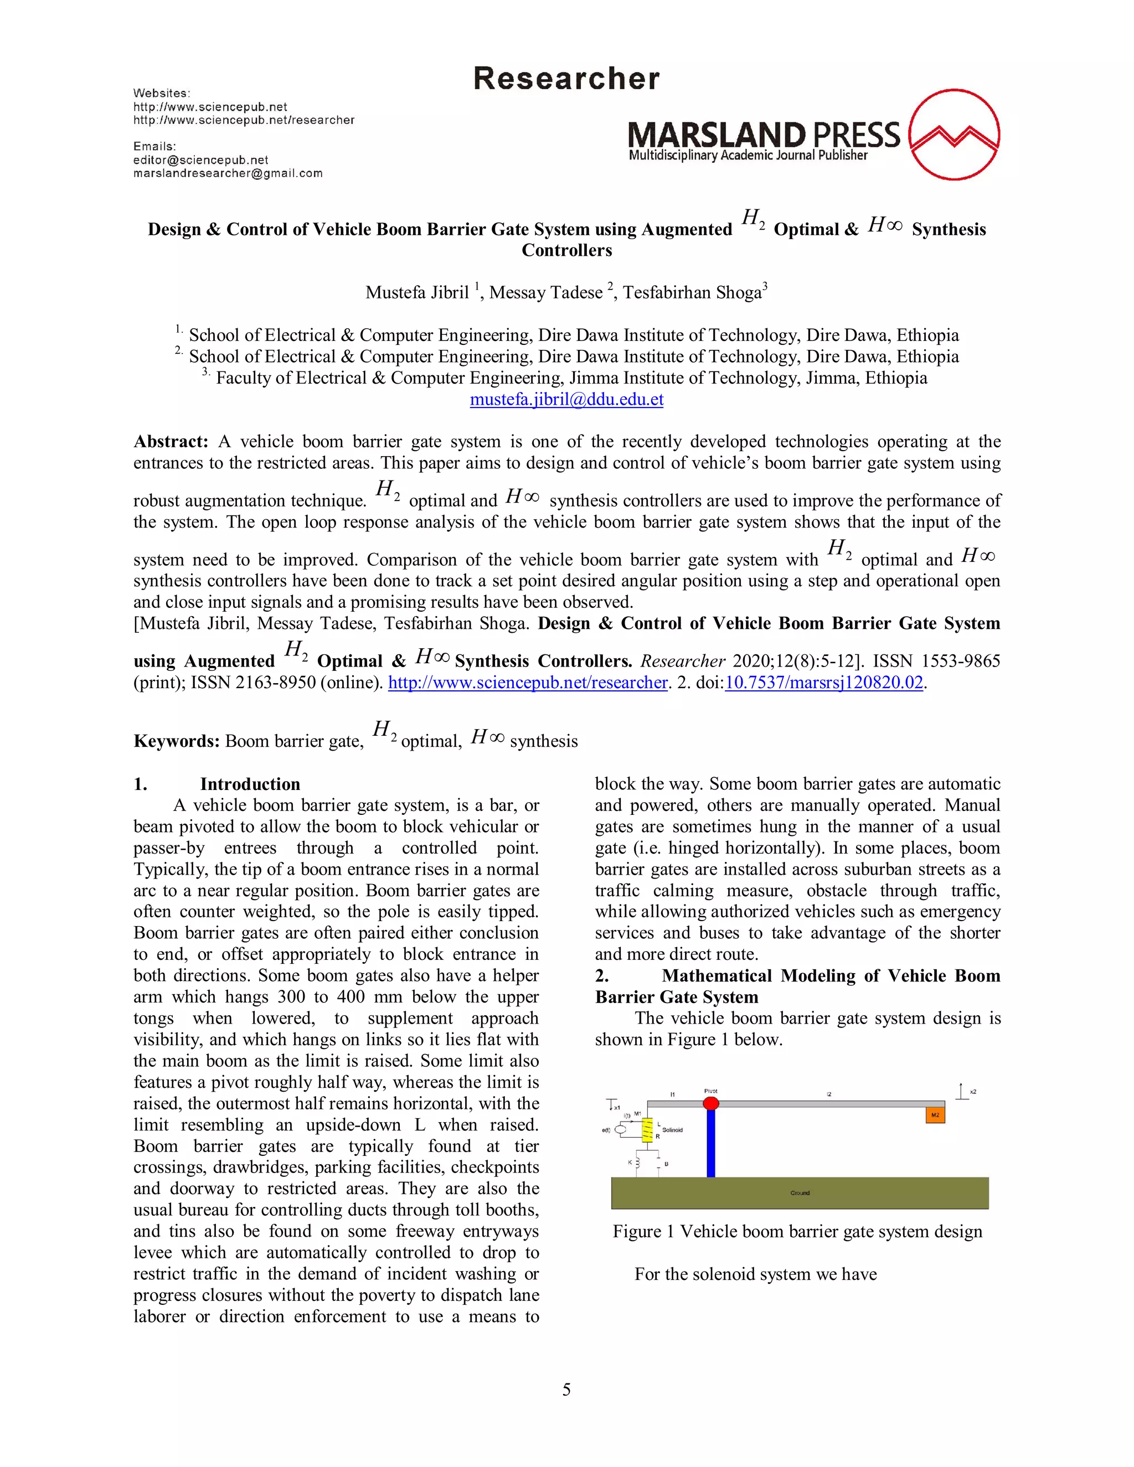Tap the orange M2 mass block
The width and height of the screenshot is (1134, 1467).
[935, 1114]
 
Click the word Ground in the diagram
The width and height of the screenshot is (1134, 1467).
[800, 1193]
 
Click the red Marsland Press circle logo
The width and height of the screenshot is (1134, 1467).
[953, 135]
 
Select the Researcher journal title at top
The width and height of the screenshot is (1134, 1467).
[566, 79]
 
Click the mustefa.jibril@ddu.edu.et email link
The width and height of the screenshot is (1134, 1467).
[566, 399]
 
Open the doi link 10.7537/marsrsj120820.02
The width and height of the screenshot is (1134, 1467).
[823, 683]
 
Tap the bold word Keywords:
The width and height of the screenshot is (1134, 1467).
[177, 741]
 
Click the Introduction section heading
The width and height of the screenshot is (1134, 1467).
[250, 784]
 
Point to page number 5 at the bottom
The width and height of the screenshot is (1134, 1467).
[566, 1389]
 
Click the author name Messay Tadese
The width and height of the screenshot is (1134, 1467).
[545, 292]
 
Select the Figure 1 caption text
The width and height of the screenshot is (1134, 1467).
[797, 1231]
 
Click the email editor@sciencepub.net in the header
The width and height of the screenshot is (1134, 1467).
[201, 160]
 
